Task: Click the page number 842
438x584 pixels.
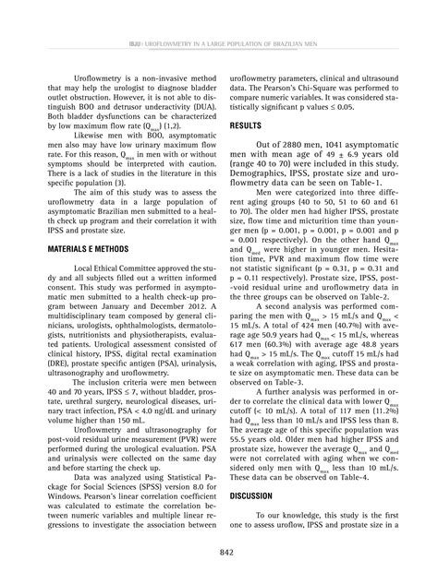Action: tap(219, 550)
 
